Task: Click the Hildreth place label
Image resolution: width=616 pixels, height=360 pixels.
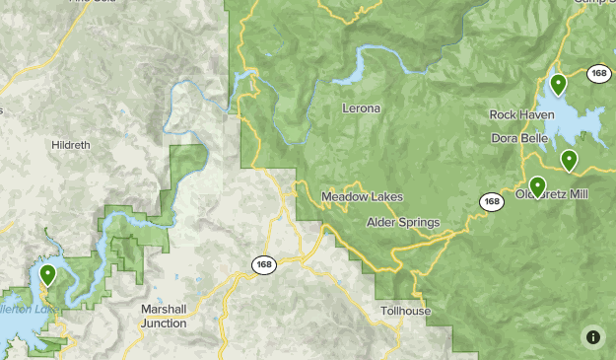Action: tap(71, 145)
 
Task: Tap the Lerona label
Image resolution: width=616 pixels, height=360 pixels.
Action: tap(360, 108)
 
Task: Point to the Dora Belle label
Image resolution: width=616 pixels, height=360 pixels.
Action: tap(518, 138)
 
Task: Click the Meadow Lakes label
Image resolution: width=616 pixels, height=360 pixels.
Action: tap(362, 197)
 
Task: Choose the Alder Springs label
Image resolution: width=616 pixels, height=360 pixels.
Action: tap(402, 222)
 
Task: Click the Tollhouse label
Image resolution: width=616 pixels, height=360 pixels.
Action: tap(406, 311)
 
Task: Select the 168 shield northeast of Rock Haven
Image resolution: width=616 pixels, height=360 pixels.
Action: tap(598, 74)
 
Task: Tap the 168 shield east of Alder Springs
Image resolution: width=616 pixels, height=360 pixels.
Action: tap(492, 201)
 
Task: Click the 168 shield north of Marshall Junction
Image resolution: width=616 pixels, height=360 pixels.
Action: tap(263, 264)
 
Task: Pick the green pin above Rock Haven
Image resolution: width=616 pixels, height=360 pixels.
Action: tap(558, 85)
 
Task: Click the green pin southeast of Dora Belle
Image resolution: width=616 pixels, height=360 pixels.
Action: tap(569, 160)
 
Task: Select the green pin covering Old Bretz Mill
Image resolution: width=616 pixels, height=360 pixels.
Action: tap(537, 185)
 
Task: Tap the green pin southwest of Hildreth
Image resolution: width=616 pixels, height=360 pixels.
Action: tap(47, 274)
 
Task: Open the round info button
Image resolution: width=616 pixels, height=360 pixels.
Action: tap(592, 336)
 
